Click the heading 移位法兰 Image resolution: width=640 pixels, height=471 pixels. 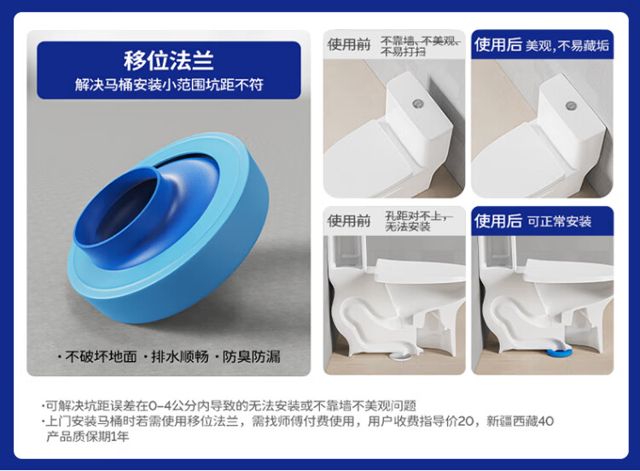(x=169, y=61)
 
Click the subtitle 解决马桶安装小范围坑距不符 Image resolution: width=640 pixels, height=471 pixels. (x=169, y=85)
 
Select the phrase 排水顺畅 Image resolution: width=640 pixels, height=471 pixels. (x=180, y=356)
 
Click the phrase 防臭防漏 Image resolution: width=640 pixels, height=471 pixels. (x=252, y=356)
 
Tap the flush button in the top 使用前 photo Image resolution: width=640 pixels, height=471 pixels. (x=417, y=103)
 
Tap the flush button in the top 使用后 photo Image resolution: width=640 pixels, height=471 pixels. (x=571, y=106)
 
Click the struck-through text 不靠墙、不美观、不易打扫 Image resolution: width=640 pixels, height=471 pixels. (x=421, y=46)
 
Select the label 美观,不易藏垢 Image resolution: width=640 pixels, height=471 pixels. (x=567, y=45)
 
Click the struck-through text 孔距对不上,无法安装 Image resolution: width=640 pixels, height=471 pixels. (x=418, y=221)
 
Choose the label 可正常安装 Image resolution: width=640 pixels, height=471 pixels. (x=560, y=221)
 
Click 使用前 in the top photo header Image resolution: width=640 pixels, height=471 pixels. (x=348, y=44)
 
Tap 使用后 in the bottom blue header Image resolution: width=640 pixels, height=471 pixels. (x=498, y=221)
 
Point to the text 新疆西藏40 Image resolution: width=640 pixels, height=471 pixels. (x=520, y=421)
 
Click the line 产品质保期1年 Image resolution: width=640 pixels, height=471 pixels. (x=88, y=436)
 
